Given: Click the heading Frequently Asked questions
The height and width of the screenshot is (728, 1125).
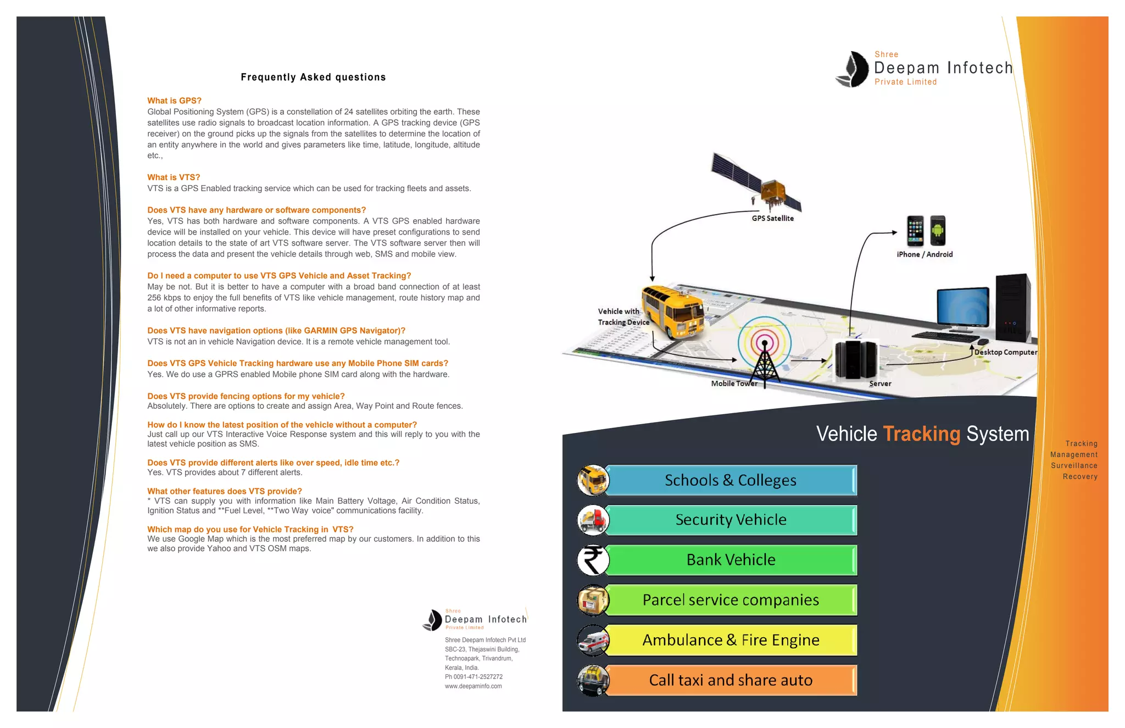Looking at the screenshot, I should [x=313, y=77].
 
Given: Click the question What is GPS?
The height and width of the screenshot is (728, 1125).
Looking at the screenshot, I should [x=174, y=101].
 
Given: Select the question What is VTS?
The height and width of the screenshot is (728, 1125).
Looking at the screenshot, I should [x=174, y=177].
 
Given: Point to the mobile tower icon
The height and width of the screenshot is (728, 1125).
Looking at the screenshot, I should [x=764, y=357].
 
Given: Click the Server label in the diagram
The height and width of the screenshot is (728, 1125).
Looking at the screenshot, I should [x=880, y=384].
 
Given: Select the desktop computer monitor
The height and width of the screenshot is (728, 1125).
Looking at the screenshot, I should [x=962, y=308].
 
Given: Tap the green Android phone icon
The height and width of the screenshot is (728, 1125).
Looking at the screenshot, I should [x=938, y=231].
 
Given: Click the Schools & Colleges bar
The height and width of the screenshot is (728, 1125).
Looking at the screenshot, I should [x=731, y=480].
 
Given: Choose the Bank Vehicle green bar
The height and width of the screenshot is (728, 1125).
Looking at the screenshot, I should [x=731, y=560].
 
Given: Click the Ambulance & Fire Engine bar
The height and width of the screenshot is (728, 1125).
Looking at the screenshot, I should [x=731, y=640].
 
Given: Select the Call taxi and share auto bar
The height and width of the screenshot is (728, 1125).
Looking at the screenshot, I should [x=731, y=680].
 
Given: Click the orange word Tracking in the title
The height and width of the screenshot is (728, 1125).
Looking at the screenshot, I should [x=921, y=434].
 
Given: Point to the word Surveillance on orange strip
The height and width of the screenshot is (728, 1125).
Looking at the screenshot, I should [x=1074, y=466].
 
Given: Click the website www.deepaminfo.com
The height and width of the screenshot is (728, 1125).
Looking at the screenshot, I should [x=473, y=686].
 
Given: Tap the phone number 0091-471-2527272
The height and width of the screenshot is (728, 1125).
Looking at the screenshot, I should [x=477, y=677].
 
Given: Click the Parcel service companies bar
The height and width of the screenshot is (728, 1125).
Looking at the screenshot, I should [x=731, y=600].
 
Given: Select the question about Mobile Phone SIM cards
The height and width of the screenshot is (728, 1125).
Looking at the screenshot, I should [x=298, y=363].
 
